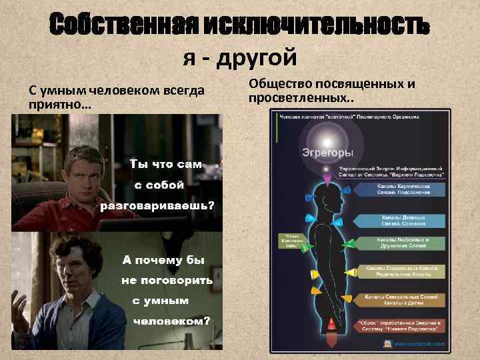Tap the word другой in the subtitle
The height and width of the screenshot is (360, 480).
point(256,59)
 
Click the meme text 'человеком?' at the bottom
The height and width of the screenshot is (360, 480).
point(171,321)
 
